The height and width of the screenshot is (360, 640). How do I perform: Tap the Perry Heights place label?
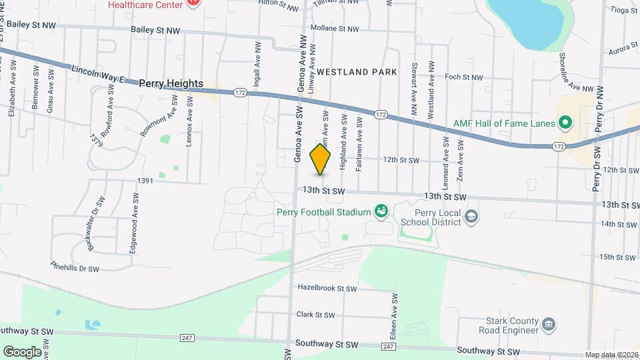pyautogui.click(x=171, y=83)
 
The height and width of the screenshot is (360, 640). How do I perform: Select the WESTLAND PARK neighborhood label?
pyautogui.click(x=357, y=71)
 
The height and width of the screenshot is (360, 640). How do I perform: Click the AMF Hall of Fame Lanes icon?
pyautogui.click(x=565, y=122)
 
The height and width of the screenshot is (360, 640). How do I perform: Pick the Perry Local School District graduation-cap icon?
pyautogui.click(x=471, y=216)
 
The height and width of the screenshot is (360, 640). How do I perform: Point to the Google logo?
pyautogui.click(x=22, y=351)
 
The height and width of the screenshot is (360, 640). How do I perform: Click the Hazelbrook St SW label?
pyautogui.click(x=327, y=289)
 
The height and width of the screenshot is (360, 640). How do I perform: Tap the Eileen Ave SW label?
pyautogui.click(x=395, y=313)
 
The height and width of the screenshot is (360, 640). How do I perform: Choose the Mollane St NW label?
pyautogui.click(x=339, y=29)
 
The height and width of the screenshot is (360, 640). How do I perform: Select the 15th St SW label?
pyautogui.click(x=615, y=257)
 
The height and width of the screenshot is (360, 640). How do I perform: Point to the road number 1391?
pyautogui.click(x=145, y=181)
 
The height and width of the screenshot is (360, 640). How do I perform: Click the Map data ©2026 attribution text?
pyautogui.click(x=611, y=355)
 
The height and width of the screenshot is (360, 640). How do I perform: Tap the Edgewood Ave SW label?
pyautogui.click(x=135, y=223)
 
